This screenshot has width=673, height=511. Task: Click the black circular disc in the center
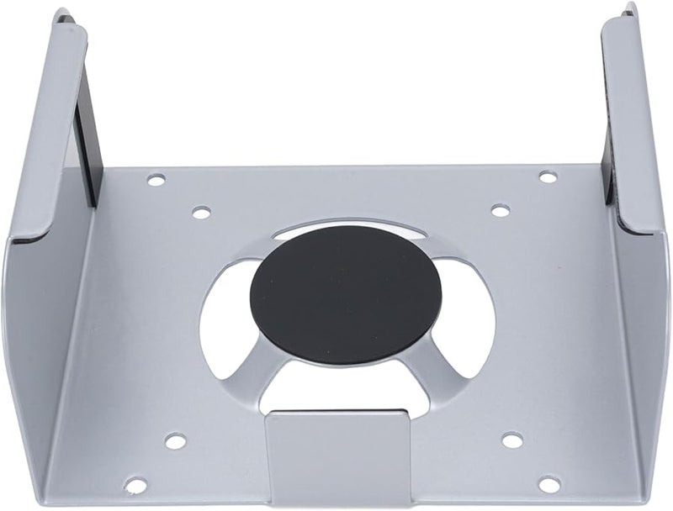coord(346,294)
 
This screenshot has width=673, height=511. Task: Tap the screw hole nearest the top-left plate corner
coord(156,180)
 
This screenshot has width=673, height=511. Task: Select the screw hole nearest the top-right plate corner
coord(547,177)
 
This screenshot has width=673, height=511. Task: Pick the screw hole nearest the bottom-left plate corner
coord(135,485)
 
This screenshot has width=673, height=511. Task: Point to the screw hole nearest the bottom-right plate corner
coord(548,484)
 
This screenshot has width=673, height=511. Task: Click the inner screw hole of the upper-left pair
coord(201,213)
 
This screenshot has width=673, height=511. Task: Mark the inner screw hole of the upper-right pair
coord(500,210)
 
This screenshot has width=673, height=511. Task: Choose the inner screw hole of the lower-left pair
coord(175,441)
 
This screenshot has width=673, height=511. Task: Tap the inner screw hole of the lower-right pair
coord(512,440)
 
